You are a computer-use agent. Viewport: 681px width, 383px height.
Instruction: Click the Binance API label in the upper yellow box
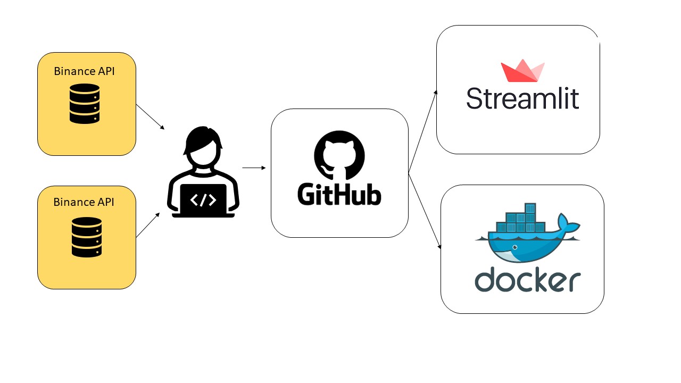84,71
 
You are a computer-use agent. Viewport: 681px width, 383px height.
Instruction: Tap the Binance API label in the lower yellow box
84,202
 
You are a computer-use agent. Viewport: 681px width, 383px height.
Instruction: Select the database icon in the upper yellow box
85,104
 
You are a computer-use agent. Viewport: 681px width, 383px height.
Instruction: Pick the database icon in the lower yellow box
87,237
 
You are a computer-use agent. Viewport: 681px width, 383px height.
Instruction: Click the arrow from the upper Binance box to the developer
150,116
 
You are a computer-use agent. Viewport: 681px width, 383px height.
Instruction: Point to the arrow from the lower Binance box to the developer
148,225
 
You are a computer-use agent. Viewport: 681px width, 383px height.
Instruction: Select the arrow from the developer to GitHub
254,168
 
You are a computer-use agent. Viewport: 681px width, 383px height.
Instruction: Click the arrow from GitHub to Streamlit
423,131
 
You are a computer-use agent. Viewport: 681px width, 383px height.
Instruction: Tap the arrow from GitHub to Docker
425,211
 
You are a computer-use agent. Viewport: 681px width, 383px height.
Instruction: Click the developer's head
203,146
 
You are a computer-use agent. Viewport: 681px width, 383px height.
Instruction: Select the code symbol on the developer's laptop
203,199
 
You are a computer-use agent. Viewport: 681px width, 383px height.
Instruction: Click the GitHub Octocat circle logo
339,155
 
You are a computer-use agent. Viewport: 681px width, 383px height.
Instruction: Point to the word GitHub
339,194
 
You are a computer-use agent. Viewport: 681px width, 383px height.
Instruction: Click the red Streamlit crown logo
522,71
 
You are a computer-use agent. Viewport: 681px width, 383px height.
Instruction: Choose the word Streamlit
522,99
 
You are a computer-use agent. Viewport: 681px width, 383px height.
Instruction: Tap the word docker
528,279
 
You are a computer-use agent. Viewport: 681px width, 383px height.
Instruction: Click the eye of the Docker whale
514,247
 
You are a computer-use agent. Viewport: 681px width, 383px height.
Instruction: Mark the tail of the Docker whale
569,224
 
